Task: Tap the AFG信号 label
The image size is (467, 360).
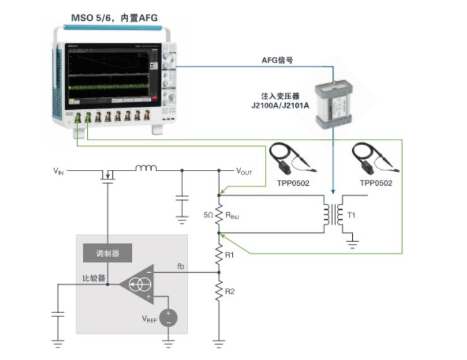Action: tap(278, 59)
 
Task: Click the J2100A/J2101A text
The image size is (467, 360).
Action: tap(280, 105)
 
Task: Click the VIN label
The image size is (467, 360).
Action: tap(58, 171)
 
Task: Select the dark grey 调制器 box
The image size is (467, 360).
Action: tap(108, 254)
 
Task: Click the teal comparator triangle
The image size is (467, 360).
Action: tap(136, 284)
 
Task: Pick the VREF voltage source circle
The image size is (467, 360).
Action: tap(168, 318)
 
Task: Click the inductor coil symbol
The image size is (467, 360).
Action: tap(145, 168)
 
